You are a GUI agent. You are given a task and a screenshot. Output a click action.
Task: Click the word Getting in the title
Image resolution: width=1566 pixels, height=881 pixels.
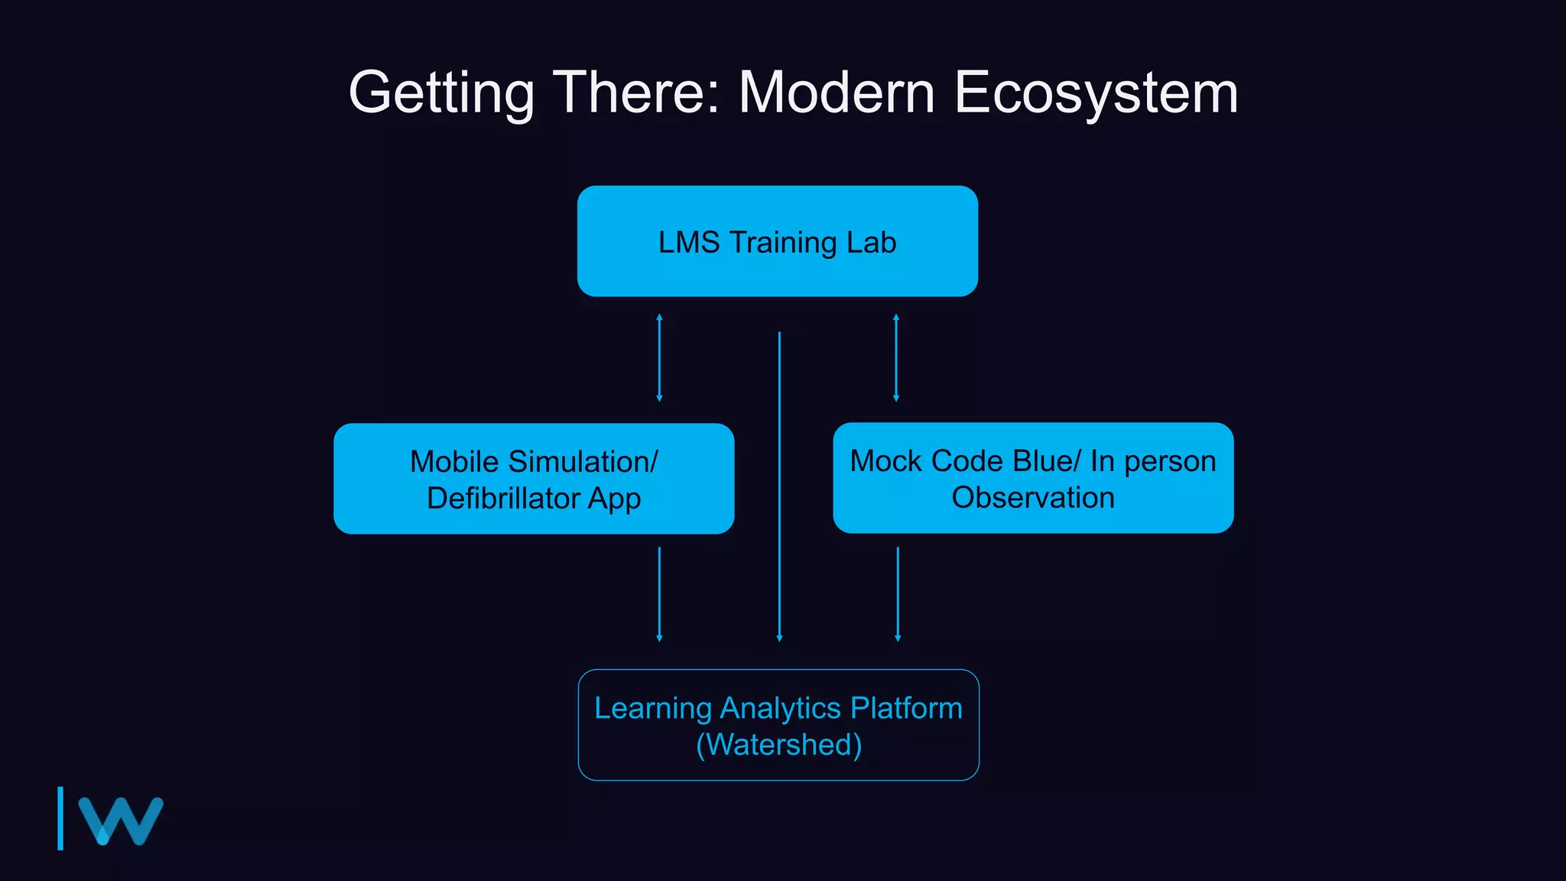pyautogui.click(x=440, y=93)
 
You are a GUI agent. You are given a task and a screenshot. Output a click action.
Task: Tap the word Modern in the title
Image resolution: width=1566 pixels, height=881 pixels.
pyautogui.click(x=837, y=93)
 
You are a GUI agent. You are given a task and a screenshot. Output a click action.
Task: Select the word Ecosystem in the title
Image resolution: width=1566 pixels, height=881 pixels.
pyautogui.click(x=1096, y=93)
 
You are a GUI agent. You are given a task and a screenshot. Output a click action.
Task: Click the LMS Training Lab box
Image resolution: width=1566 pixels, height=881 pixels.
pyautogui.click(x=777, y=242)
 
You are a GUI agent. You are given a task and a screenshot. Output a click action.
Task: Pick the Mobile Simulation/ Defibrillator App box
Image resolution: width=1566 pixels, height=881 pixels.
pyautogui.click(x=534, y=479)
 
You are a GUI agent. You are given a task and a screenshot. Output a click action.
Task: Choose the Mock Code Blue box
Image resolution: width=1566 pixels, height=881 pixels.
pyautogui.click(x=1033, y=479)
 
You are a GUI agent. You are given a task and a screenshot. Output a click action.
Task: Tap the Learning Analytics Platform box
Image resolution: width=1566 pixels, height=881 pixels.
pyautogui.click(x=778, y=725)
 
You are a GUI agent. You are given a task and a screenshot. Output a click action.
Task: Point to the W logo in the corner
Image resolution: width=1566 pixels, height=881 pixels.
pyautogui.click(x=121, y=821)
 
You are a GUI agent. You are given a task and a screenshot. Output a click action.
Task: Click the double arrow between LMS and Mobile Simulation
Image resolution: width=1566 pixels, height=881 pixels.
pyautogui.click(x=659, y=358)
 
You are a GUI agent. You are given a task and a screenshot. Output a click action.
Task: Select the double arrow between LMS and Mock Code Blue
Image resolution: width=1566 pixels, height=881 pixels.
pyautogui.click(x=896, y=358)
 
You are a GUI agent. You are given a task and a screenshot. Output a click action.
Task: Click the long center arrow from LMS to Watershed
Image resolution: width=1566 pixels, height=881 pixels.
pyautogui.click(x=779, y=486)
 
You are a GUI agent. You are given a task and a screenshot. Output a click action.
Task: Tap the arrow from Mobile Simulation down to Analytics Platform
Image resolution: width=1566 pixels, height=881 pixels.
pyautogui.click(x=659, y=594)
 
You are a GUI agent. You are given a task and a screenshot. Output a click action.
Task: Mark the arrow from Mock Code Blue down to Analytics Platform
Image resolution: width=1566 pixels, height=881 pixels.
pyautogui.click(x=898, y=594)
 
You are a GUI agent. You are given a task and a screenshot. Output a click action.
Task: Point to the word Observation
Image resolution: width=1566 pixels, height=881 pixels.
pyautogui.click(x=1033, y=498)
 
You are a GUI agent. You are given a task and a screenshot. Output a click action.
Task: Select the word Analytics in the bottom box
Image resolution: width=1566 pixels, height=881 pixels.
pyautogui.click(x=780, y=708)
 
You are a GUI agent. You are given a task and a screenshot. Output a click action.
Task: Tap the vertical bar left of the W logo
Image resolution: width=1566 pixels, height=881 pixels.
pyautogui.click(x=60, y=818)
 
